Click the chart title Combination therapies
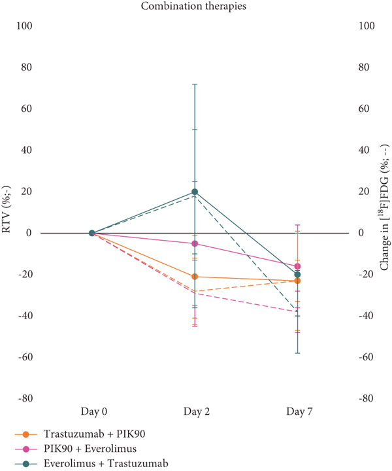(193, 6)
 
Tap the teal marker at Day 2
(195, 192)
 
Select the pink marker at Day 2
(195, 243)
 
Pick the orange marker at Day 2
(195, 276)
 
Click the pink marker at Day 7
(297, 266)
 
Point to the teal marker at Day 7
(297, 275)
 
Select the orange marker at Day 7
(297, 281)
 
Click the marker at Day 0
(92, 233)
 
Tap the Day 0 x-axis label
(94, 411)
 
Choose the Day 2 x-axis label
(197, 411)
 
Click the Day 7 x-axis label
(299, 411)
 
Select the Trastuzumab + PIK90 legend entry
(80, 434)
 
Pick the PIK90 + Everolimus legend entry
(76, 449)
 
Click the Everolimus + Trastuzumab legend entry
(91, 463)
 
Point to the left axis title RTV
(6, 209)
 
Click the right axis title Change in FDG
(385, 207)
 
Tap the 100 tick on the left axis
(24, 26)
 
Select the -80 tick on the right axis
(365, 398)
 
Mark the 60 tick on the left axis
(26, 109)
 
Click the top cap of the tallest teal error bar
(195, 84)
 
